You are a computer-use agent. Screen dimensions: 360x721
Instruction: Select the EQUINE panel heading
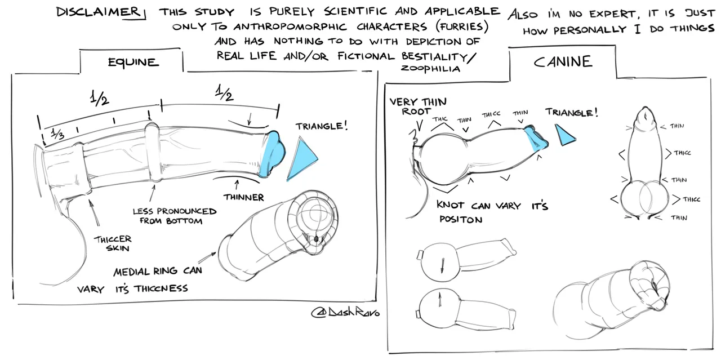pyautogui.click(x=133, y=62)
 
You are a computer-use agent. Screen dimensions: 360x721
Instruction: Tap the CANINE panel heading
pyautogui.click(x=563, y=61)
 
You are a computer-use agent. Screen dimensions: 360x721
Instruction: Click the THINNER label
pyautogui.click(x=243, y=197)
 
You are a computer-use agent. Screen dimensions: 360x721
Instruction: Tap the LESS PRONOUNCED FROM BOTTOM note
pyautogui.click(x=174, y=216)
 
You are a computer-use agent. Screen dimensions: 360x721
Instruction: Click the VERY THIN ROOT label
pyautogui.click(x=417, y=106)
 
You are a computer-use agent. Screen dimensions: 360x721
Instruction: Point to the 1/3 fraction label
pyautogui.click(x=57, y=135)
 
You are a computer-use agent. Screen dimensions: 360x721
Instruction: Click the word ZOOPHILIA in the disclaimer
pyautogui.click(x=431, y=69)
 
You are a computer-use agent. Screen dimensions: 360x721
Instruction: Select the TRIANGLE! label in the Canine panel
pyautogui.click(x=572, y=112)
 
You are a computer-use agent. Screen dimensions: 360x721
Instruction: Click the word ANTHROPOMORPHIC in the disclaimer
pyautogui.click(x=298, y=27)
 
